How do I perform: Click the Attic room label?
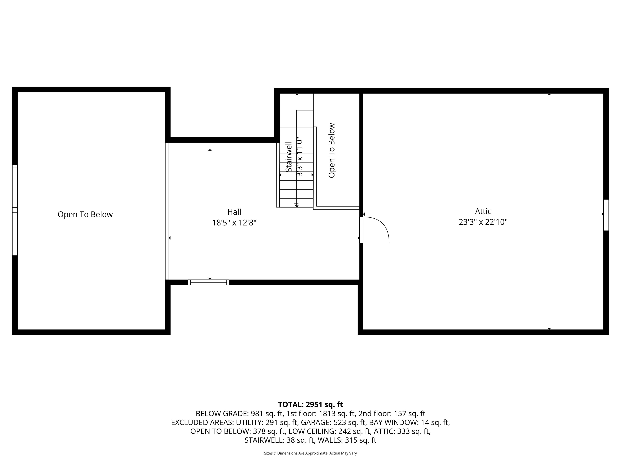point(483,211)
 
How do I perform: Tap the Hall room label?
point(234,212)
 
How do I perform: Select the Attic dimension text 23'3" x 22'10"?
point(483,222)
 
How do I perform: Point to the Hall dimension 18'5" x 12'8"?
point(234,223)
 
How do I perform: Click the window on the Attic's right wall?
point(606,215)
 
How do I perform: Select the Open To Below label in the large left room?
point(85,214)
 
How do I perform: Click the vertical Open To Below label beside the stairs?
point(332,150)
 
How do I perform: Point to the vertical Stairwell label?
point(289,157)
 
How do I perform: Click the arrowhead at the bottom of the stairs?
point(297,205)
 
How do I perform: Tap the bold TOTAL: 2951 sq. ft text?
point(310,405)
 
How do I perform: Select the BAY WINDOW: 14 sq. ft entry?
point(409,423)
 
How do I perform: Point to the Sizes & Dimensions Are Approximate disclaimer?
point(310,453)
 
